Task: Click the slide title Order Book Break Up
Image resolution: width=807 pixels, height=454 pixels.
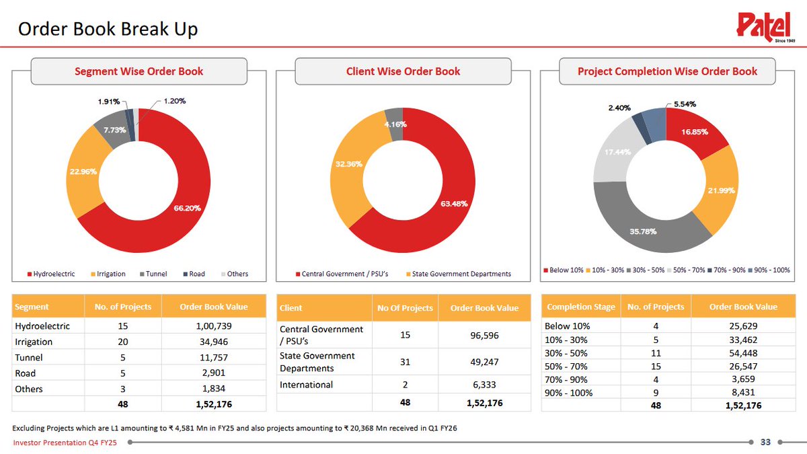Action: pos(108,30)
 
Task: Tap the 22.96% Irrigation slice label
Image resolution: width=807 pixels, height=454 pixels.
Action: pos(83,172)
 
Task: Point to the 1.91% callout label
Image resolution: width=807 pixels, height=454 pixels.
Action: pos(109,102)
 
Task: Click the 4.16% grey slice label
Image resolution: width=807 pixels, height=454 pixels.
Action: pos(395,124)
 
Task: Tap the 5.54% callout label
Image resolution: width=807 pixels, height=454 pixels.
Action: pos(685,104)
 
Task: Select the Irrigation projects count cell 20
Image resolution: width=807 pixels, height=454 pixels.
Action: pos(118,342)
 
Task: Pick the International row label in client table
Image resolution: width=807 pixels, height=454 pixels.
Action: pos(306,385)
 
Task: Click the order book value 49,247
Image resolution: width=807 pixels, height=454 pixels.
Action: pos(484,361)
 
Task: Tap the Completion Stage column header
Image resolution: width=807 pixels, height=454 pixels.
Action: pos(580,307)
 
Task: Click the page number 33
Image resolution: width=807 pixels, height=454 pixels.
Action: pos(765,442)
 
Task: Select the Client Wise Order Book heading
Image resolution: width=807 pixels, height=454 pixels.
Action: pos(403,71)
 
